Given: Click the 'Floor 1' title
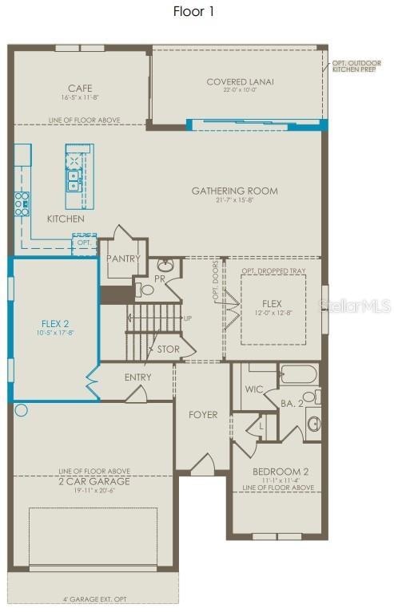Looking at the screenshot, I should tap(193, 12).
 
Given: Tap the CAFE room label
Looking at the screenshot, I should tap(80, 88).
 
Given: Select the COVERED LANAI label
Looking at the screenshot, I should tap(240, 81).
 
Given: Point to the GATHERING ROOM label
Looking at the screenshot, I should tap(234, 191).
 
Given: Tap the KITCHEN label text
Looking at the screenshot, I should tap(66, 219).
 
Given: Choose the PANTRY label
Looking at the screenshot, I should tap(124, 259).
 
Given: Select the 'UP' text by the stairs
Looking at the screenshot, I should tap(188, 318).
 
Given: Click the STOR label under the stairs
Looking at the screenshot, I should tap(169, 349).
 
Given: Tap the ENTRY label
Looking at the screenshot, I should tap(137, 377).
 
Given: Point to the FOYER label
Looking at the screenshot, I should tap(202, 415).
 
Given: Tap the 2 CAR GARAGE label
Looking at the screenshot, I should tap(94, 481).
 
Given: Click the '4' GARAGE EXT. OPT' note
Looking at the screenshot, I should tap(94, 599).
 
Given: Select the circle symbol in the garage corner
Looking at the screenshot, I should tap(22, 411).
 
